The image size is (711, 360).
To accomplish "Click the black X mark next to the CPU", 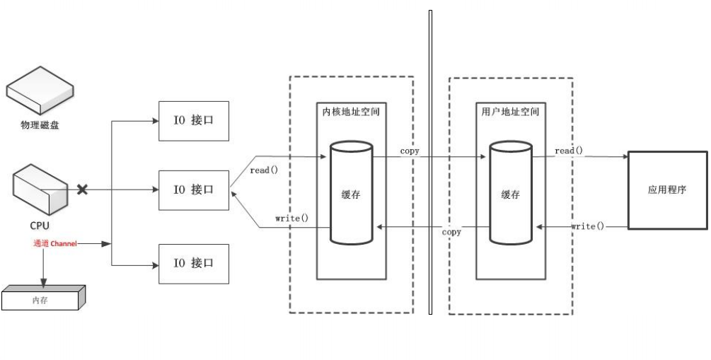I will click(x=83, y=190).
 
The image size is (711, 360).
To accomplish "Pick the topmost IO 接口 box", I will click(x=192, y=120).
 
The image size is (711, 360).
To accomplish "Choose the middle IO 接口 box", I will click(x=192, y=190).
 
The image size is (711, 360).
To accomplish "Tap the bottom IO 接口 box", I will click(x=192, y=263).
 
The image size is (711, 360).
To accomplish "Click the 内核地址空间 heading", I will click(x=352, y=110).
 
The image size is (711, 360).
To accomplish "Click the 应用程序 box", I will click(x=668, y=190).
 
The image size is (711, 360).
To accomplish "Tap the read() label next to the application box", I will click(x=569, y=151).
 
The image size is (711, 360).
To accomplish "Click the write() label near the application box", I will click(x=588, y=226).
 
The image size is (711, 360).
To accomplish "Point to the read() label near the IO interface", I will click(x=264, y=170).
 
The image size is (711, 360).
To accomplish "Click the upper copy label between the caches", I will click(x=410, y=151).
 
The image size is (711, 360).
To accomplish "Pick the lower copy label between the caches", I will click(x=451, y=232).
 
